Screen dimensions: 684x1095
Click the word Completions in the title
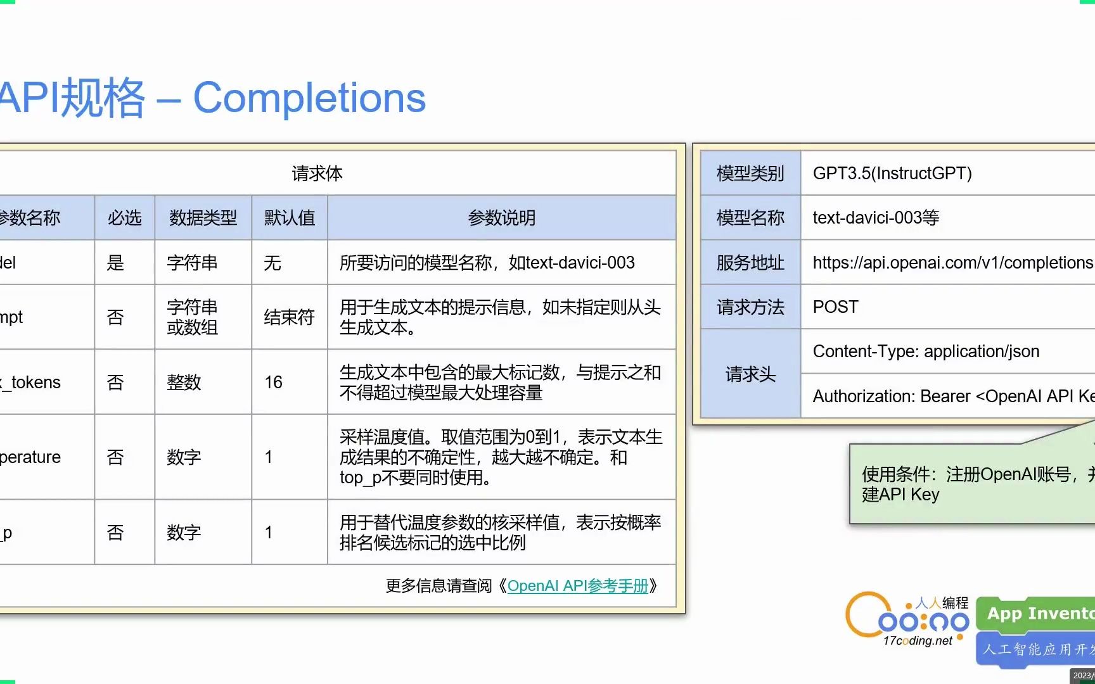pyautogui.click(x=309, y=98)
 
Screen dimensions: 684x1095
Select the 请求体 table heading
pyautogui.click(x=317, y=174)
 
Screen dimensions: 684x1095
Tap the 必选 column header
pyautogui.click(x=124, y=218)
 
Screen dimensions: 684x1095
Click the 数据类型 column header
pyautogui.click(x=203, y=218)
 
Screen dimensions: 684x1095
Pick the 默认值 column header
pyautogui.click(x=290, y=218)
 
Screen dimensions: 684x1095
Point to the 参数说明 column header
pyautogui.click(x=501, y=218)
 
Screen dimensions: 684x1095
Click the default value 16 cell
pyautogui.click(x=274, y=382)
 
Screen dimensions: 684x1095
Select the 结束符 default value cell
pyautogui.click(x=289, y=317)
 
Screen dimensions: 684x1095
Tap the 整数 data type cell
pyautogui.click(x=184, y=382)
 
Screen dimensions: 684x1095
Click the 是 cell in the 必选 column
pyautogui.click(x=115, y=263)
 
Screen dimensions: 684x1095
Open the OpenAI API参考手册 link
pyautogui.click(x=577, y=586)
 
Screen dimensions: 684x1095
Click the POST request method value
pyautogui.click(x=835, y=307)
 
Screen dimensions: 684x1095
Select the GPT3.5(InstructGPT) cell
pyautogui.click(x=892, y=174)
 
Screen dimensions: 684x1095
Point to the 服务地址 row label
pyautogui.click(x=750, y=263)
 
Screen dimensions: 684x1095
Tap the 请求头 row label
pyautogui.click(x=750, y=374)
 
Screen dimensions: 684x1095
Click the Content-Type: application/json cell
pyautogui.click(x=926, y=351)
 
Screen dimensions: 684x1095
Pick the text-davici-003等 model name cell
pyautogui.click(x=876, y=218)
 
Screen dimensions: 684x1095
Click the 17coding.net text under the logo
pyautogui.click(x=917, y=641)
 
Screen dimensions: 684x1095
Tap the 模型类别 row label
pyautogui.click(x=750, y=174)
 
